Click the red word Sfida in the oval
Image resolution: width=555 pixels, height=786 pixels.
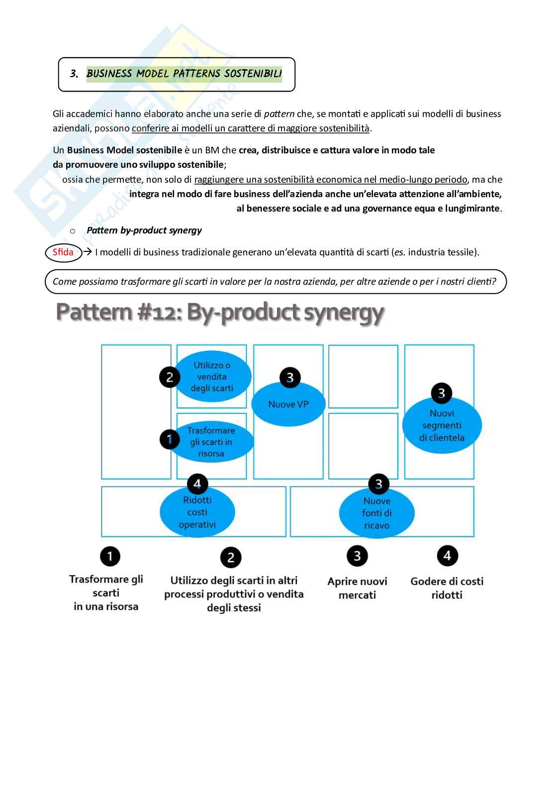[x=63, y=252]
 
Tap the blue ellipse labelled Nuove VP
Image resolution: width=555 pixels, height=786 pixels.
[x=288, y=404]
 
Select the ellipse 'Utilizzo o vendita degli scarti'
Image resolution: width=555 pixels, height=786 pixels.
[x=212, y=377]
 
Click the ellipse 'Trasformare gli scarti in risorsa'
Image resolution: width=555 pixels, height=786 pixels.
[x=214, y=442]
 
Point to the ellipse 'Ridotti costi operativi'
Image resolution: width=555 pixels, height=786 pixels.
[x=197, y=512]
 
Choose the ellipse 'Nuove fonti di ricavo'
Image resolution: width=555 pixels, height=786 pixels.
[x=376, y=513]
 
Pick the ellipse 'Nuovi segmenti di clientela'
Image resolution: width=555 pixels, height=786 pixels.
[x=442, y=426]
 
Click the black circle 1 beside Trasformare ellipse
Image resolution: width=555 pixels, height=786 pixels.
[x=170, y=440]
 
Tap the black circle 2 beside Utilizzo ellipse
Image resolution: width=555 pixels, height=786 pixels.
[x=170, y=377]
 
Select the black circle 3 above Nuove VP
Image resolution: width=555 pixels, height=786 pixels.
[x=290, y=377]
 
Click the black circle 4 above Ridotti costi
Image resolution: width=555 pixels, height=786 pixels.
[x=197, y=483]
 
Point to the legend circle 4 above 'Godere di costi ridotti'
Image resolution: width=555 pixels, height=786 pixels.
[x=447, y=556]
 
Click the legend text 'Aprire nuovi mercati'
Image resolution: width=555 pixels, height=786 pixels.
[x=357, y=588]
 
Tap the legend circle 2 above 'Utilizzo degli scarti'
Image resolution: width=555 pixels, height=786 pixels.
[x=231, y=558]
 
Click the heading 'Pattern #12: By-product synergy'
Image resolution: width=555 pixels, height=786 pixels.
[x=220, y=313]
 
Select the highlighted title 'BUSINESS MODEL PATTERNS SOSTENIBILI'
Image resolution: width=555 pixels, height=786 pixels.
[x=184, y=74]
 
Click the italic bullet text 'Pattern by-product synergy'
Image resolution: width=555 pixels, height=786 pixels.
[x=144, y=230]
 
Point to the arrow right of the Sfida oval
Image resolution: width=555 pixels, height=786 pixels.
[x=88, y=252]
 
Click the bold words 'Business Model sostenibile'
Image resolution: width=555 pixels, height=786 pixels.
[x=124, y=150]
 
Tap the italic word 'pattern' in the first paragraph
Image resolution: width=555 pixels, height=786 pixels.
[x=279, y=113]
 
